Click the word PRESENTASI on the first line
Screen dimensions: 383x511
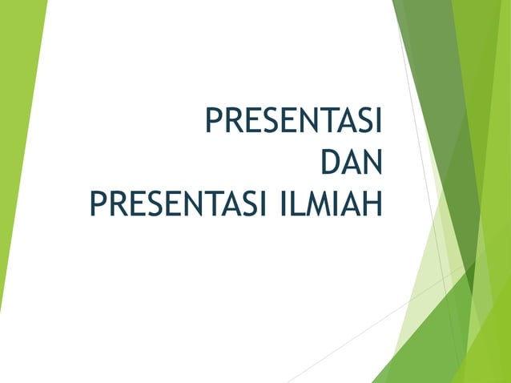click(293, 123)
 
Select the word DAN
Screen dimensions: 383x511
click(350, 163)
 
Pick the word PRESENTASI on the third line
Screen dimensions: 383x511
click(177, 203)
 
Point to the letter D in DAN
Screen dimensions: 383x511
click(329, 163)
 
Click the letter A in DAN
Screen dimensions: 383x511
click(350, 163)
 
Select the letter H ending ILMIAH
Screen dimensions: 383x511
click(371, 203)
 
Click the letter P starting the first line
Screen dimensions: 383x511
click(213, 123)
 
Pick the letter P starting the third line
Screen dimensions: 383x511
click(97, 203)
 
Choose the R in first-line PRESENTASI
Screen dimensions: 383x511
click(231, 123)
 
